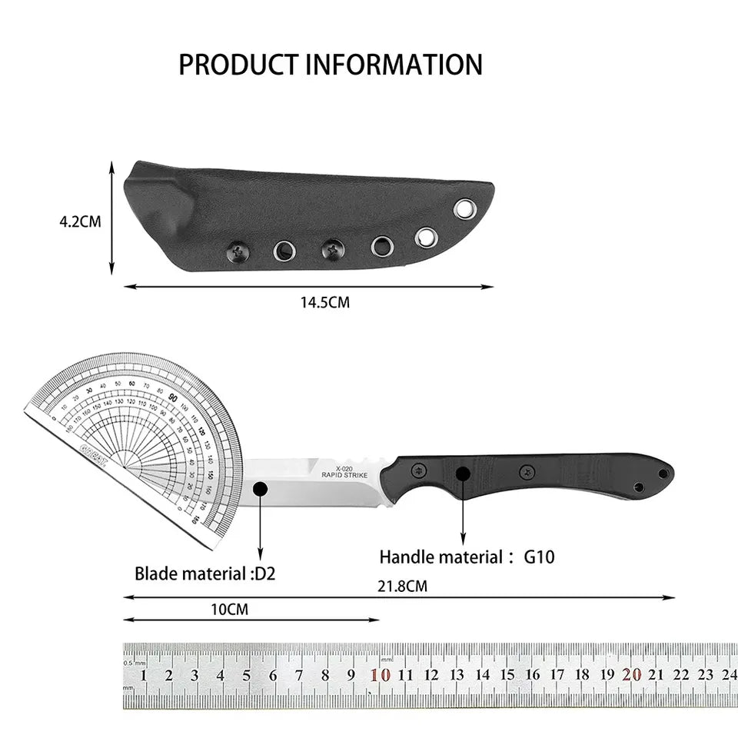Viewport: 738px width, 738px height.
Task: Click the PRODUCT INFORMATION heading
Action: [331, 65]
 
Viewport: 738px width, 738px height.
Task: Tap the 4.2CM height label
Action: [80, 221]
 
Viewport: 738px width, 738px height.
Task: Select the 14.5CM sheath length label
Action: [324, 303]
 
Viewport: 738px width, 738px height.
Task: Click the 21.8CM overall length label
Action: [402, 587]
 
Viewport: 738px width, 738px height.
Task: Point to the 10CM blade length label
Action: [229, 610]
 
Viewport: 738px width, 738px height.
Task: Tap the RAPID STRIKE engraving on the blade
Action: [344, 475]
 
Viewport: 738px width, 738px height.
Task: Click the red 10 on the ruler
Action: [380, 676]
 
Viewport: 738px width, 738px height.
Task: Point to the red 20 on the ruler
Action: [632, 675]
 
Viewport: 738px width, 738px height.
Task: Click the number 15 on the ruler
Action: [507, 676]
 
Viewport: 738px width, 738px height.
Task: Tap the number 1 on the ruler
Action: [144, 676]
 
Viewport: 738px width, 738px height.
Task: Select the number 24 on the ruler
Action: [729, 675]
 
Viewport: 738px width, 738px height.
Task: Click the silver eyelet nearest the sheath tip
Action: [464, 208]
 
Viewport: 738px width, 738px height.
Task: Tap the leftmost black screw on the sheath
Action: [236, 249]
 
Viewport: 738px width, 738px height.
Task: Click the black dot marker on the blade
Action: [260, 488]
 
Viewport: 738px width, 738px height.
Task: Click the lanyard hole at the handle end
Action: [638, 487]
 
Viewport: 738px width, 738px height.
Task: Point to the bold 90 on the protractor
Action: [174, 399]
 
